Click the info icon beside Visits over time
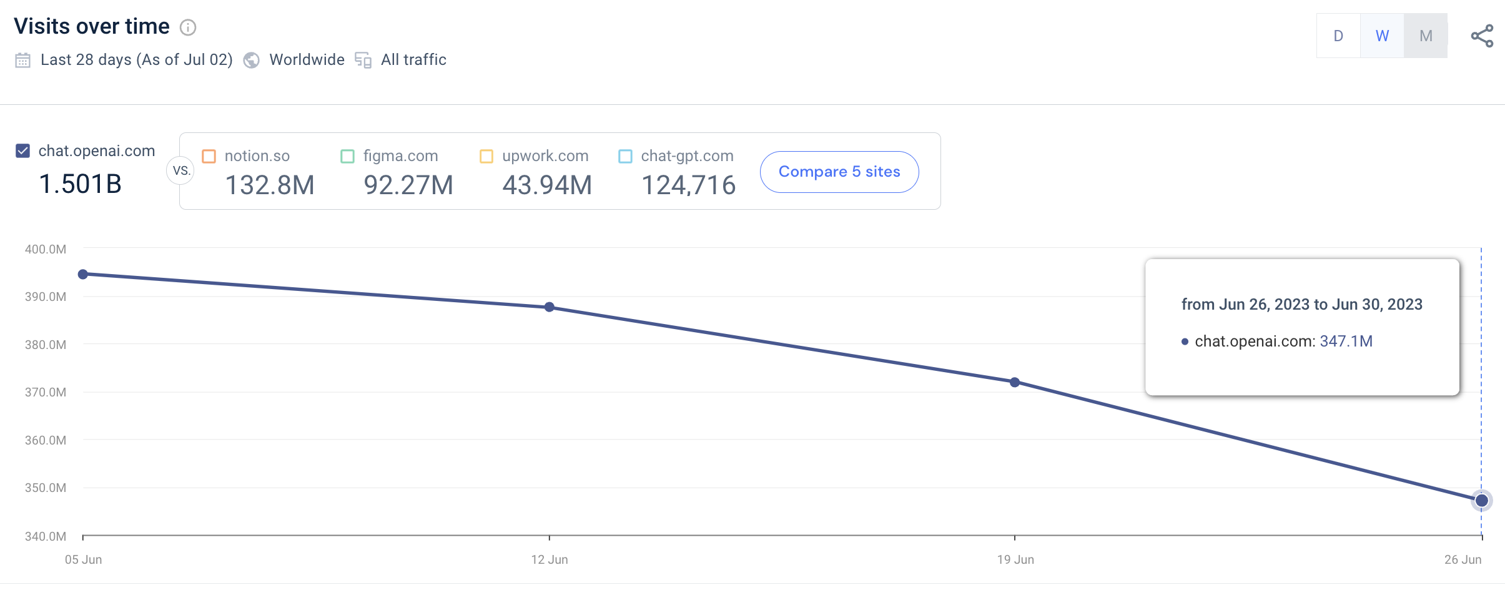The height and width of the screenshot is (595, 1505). pyautogui.click(x=188, y=27)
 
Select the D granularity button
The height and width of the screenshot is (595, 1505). pyautogui.click(x=1338, y=36)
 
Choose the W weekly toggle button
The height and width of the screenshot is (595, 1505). pyautogui.click(x=1382, y=36)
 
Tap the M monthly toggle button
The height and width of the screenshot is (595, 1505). pyautogui.click(x=1426, y=36)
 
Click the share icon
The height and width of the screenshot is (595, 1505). pyautogui.click(x=1482, y=36)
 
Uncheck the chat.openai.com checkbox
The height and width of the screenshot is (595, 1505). pyautogui.click(x=22, y=150)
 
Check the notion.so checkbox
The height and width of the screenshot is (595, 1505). pyautogui.click(x=209, y=156)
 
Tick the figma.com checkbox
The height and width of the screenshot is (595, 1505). pyautogui.click(x=347, y=156)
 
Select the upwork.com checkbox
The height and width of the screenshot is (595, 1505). pyautogui.click(x=486, y=156)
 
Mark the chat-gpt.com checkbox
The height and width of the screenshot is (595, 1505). pyautogui.click(x=625, y=156)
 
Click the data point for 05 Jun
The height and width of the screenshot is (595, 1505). pyautogui.click(x=83, y=274)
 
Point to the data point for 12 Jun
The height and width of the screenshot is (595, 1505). pyautogui.click(x=550, y=307)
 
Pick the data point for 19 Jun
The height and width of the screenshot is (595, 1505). pyautogui.click(x=1015, y=382)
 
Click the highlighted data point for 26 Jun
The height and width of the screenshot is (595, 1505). pyautogui.click(x=1481, y=501)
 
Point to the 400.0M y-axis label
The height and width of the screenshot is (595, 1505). pyautogui.click(x=46, y=249)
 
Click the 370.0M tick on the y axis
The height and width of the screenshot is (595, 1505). pyautogui.click(x=46, y=392)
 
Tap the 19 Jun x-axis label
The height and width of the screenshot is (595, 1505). pyautogui.click(x=1015, y=559)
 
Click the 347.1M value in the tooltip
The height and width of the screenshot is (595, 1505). pyautogui.click(x=1346, y=341)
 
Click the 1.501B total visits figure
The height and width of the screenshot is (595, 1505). pyautogui.click(x=80, y=184)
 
